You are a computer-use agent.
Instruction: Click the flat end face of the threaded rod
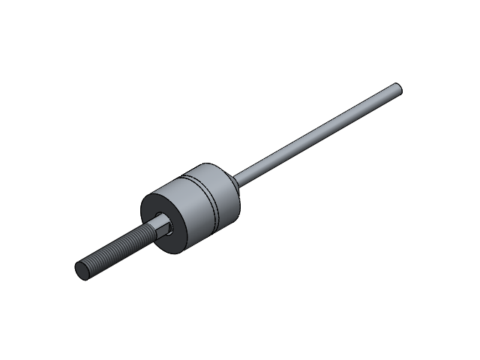(83, 271)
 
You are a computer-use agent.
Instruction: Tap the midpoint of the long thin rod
(319, 132)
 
